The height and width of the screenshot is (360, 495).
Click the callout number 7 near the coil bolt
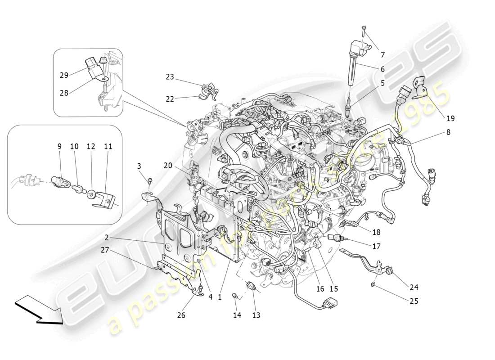383,55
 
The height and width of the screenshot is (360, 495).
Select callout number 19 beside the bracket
450,118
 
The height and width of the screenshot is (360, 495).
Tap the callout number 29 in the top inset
64,75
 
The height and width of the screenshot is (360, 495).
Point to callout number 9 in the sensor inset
59,146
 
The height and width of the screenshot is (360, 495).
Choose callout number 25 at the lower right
414,301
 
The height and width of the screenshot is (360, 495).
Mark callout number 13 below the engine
256,315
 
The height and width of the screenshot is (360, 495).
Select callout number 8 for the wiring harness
448,132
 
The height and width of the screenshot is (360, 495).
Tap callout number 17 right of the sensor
376,246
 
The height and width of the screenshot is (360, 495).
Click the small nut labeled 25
373,284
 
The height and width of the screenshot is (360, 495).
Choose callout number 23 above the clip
169,77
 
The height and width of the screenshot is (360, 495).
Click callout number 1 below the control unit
220,297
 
